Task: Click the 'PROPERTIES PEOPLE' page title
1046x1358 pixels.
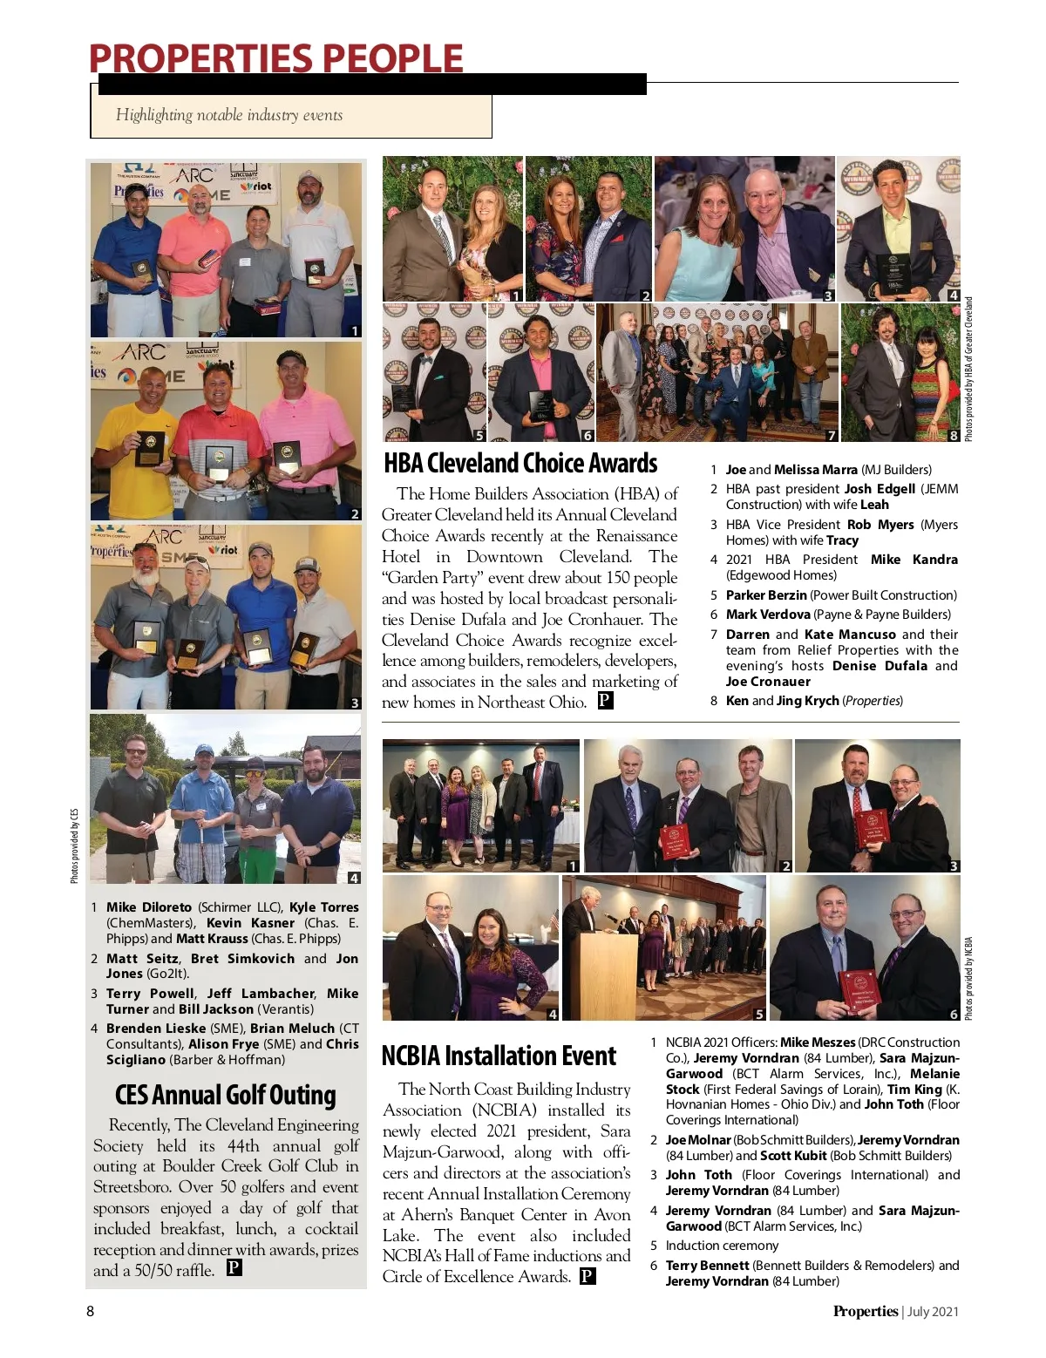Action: click(275, 59)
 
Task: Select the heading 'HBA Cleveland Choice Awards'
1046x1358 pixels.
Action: click(520, 463)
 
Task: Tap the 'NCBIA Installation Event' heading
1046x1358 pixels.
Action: click(499, 1056)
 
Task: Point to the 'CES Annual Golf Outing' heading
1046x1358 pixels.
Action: click(225, 1095)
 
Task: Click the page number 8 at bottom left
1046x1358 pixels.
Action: click(90, 1311)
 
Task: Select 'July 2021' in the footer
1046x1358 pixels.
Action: click(933, 1311)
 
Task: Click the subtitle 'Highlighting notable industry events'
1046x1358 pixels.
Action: click(229, 115)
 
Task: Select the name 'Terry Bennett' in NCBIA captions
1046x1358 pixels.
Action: click(707, 1266)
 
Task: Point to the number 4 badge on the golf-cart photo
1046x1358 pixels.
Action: click(353, 878)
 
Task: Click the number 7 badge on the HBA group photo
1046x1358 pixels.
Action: click(831, 435)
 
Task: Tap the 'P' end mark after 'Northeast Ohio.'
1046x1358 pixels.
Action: click(606, 700)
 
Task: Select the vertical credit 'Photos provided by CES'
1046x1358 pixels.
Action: click(75, 845)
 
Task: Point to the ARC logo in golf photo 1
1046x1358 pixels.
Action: click(194, 175)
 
